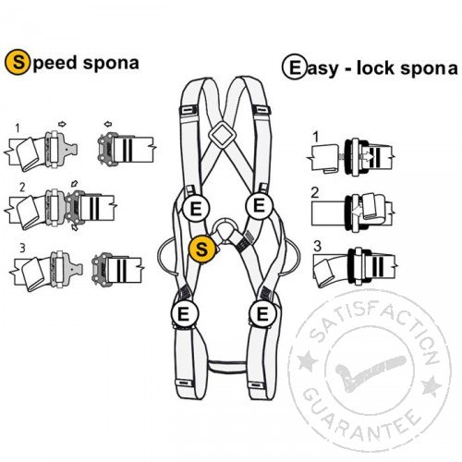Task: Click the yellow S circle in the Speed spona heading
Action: click(18, 63)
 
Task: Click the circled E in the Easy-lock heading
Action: click(295, 67)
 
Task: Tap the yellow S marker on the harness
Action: click(202, 249)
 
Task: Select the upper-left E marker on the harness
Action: click(196, 209)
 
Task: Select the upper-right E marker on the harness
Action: click(260, 205)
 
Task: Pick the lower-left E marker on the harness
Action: click(184, 314)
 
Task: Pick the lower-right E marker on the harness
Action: click(262, 314)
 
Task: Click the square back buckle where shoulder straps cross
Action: click(222, 135)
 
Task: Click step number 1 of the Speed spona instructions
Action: click(18, 128)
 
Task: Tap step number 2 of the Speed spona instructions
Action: click(22, 188)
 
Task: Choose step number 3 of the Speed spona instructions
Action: click(22, 248)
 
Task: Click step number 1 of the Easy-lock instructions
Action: click(315, 137)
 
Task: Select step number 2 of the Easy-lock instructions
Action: click(315, 193)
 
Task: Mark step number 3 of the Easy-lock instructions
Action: click(317, 247)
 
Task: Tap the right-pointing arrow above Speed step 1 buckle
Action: click(62, 124)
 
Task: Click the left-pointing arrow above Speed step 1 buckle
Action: click(108, 124)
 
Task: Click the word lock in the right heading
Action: click(375, 68)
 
